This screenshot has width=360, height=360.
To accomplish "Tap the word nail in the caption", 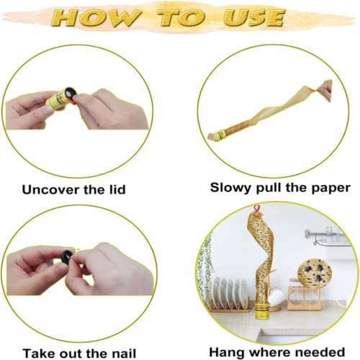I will [x=131, y=353].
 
